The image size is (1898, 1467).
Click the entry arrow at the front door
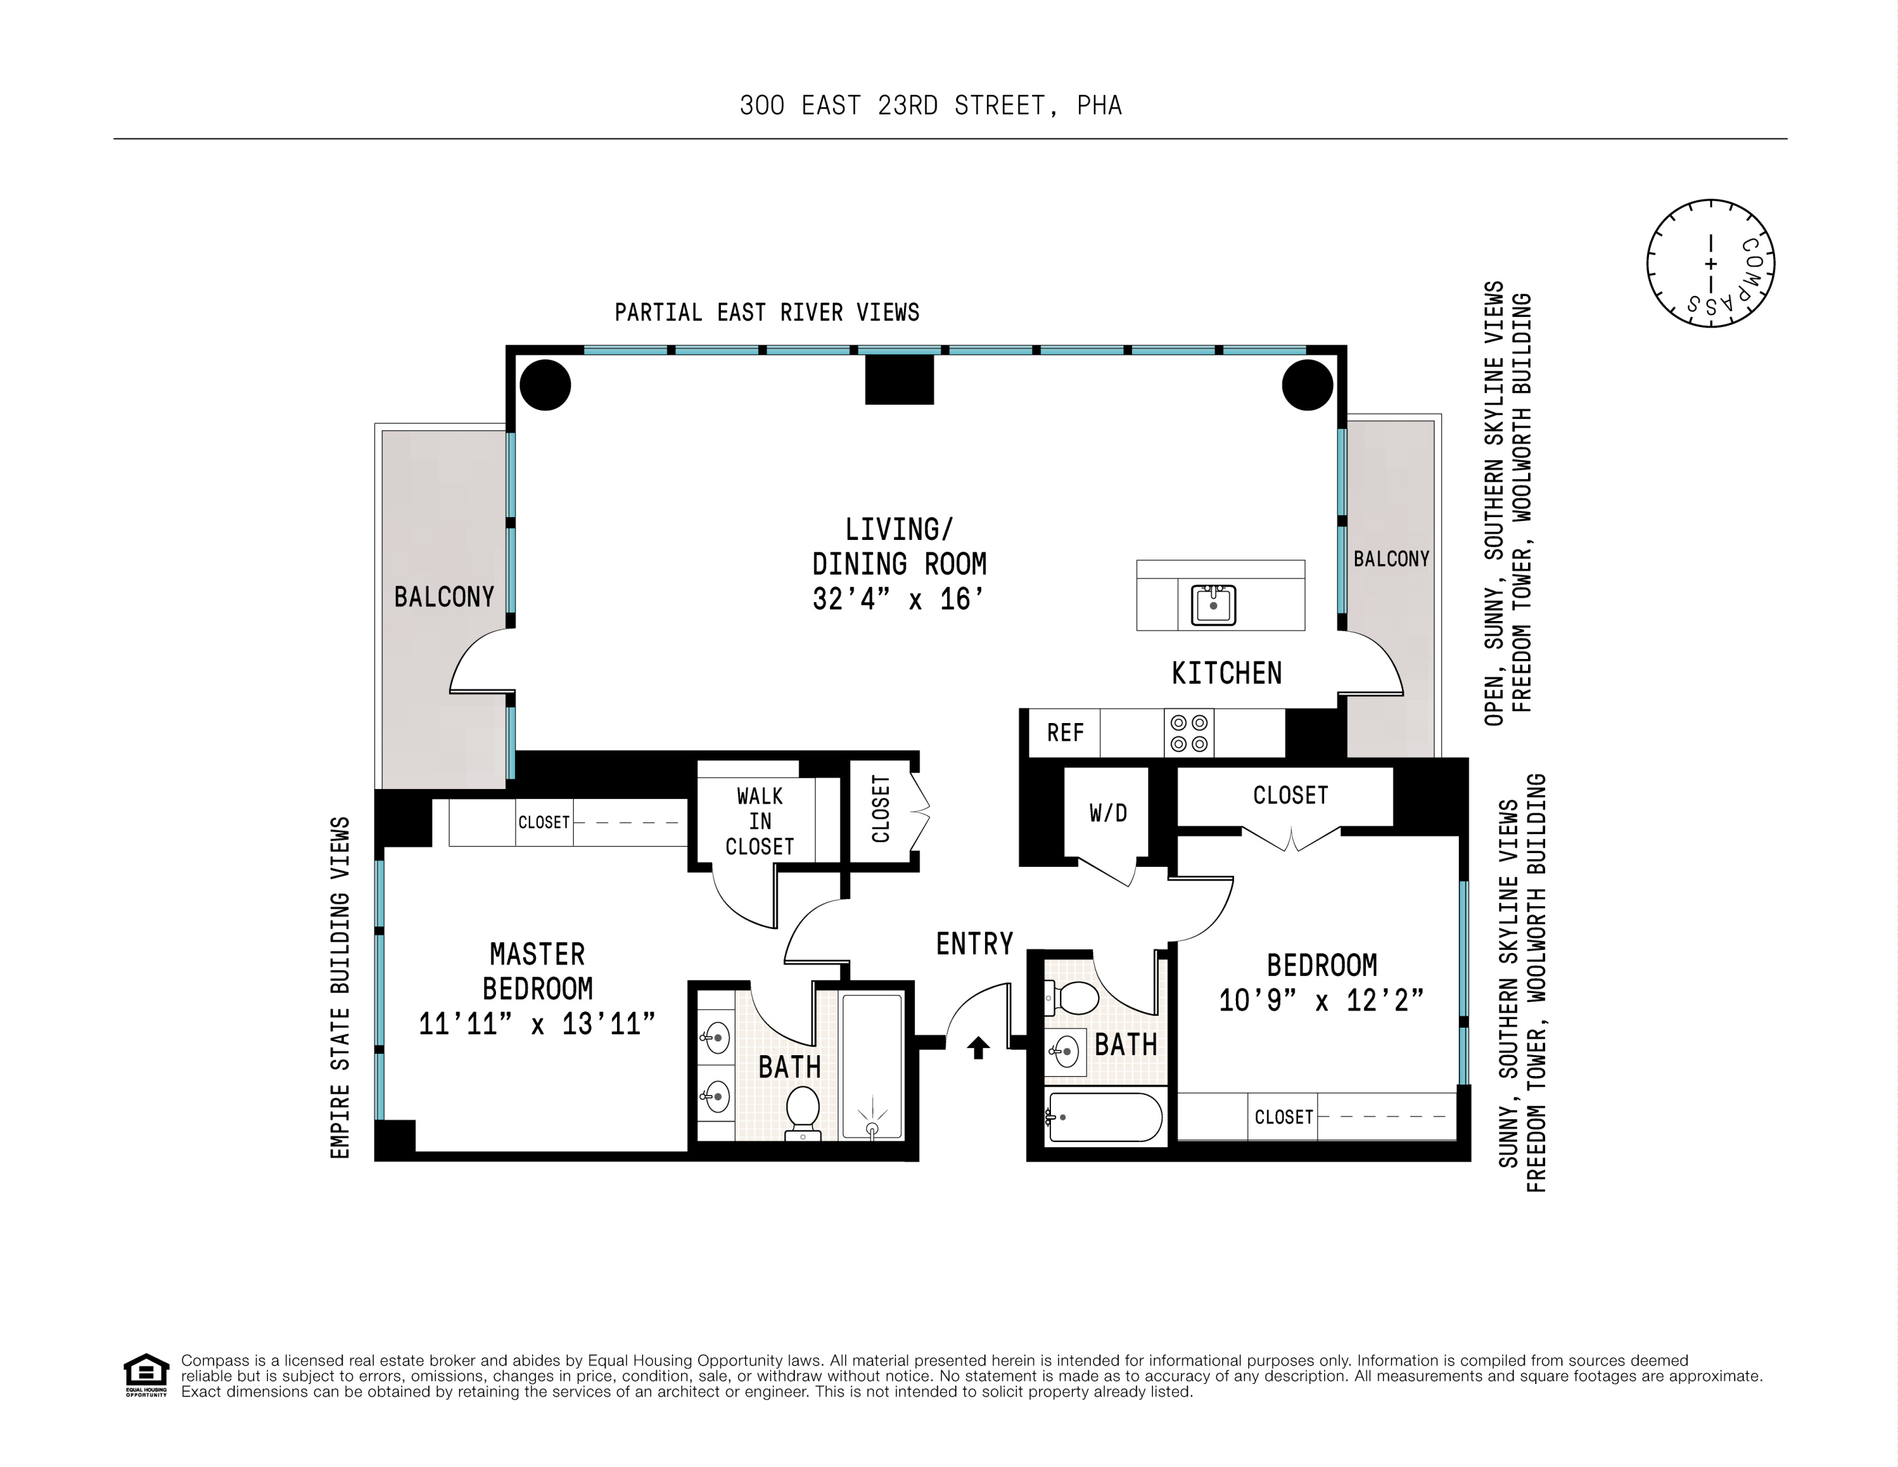pyautogui.click(x=978, y=1048)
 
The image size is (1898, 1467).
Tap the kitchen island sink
pyautogui.click(x=1213, y=604)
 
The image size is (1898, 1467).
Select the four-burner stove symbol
pyautogui.click(x=1189, y=733)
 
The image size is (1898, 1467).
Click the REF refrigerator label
pyautogui.click(x=1065, y=733)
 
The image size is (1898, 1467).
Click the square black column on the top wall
pyautogui.click(x=899, y=380)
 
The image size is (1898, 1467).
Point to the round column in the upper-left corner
pyautogui.click(x=545, y=384)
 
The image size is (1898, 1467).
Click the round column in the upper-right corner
pyautogui.click(x=1308, y=384)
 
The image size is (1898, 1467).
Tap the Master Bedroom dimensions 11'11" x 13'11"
pyautogui.click(x=537, y=1024)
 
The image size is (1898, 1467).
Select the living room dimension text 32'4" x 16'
pyautogui.click(x=899, y=599)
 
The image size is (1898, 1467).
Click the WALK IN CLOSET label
pyautogui.click(x=759, y=821)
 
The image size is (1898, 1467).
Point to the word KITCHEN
pyautogui.click(x=1226, y=673)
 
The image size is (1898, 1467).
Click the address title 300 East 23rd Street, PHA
pyautogui.click(x=931, y=105)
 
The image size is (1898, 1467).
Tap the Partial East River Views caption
pyautogui.click(x=767, y=312)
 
